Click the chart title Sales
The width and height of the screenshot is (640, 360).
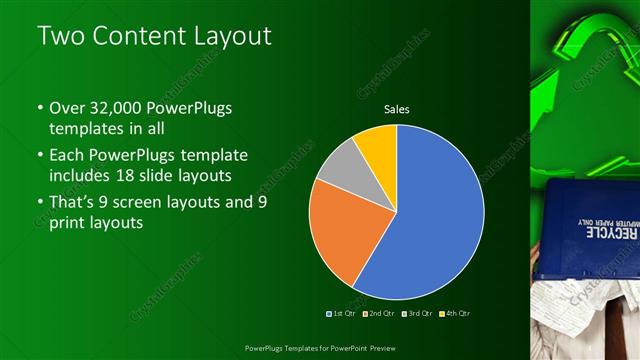click(397, 109)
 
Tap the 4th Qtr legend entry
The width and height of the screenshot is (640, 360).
click(454, 313)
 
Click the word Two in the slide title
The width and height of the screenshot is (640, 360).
click(59, 37)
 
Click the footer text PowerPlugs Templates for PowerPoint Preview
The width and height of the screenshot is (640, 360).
click(319, 346)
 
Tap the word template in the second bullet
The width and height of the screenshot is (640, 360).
click(214, 156)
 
